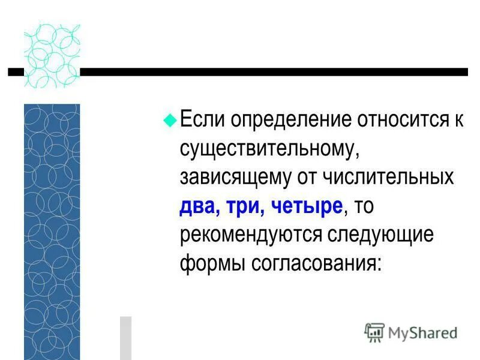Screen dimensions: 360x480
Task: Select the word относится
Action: (x=401, y=120)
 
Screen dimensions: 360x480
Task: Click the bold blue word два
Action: (x=197, y=207)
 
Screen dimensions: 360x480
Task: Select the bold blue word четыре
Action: (x=307, y=207)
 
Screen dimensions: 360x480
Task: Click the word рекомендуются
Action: (x=251, y=236)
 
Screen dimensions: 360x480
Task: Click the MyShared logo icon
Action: (x=374, y=332)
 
